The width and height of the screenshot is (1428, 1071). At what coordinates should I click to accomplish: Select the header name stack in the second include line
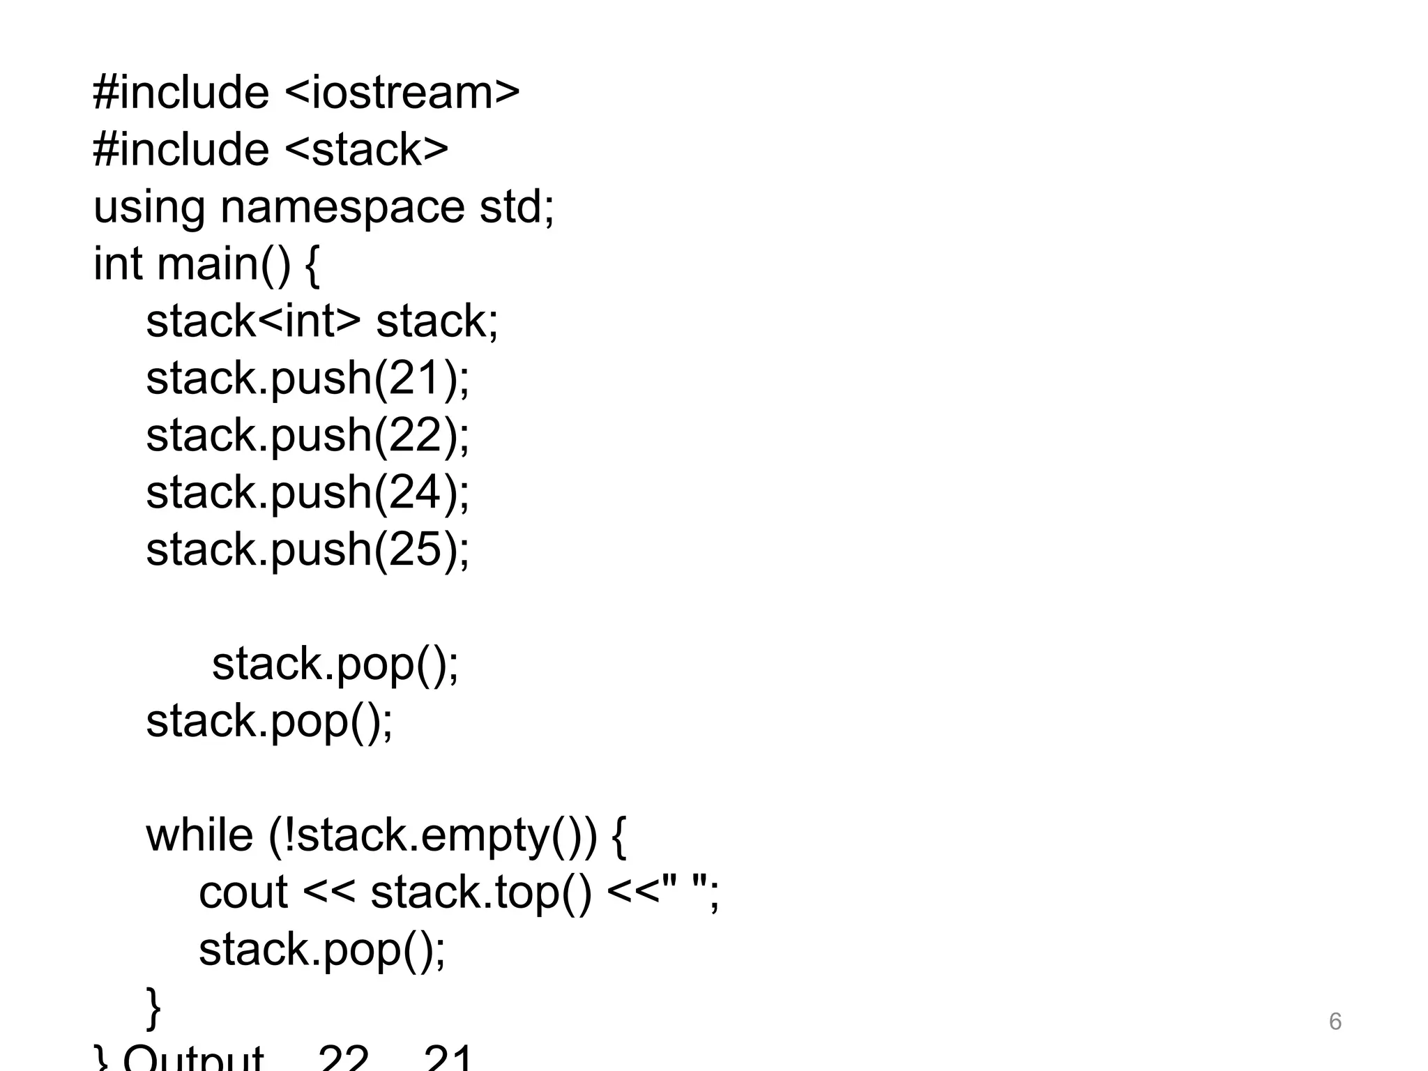[x=367, y=150]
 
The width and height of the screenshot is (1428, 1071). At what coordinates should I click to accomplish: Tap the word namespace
[x=342, y=208]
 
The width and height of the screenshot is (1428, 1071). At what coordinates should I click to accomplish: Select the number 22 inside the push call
[x=416, y=436]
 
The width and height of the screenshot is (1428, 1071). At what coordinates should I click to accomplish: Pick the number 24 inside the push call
[x=416, y=493]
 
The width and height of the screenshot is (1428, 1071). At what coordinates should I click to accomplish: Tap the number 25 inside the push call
[x=416, y=550]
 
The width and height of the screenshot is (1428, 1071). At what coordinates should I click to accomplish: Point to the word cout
[x=243, y=892]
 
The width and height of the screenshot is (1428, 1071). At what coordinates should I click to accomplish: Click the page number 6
[x=1335, y=1021]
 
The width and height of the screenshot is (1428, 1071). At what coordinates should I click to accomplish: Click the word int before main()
[x=118, y=264]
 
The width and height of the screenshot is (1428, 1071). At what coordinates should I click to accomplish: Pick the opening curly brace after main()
[x=312, y=266]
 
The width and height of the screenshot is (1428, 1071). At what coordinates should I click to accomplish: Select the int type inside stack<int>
[x=307, y=321]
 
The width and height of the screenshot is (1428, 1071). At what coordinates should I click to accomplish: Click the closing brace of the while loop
[x=153, y=1008]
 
